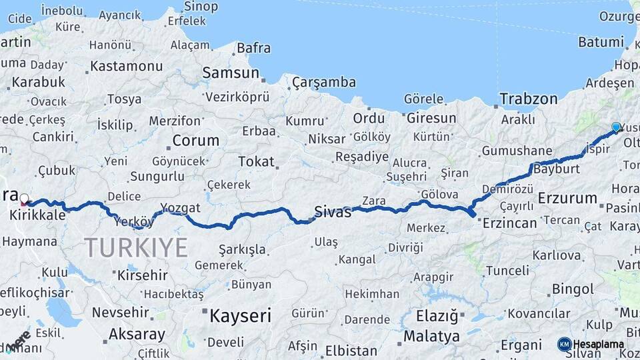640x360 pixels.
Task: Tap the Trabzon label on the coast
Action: pyautogui.click(x=529, y=99)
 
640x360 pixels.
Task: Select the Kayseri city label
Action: pyautogui.click(x=240, y=315)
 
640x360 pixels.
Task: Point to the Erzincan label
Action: pyautogui.click(x=509, y=223)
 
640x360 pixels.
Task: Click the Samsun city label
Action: pyautogui.click(x=231, y=72)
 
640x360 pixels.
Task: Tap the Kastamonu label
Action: pyautogui.click(x=126, y=66)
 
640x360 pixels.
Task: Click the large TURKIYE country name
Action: pyautogui.click(x=136, y=248)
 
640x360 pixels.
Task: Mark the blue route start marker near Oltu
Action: pyautogui.click(x=616, y=127)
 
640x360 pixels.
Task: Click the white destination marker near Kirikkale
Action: pyautogui.click(x=25, y=199)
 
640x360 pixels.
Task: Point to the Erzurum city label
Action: pyautogui.click(x=567, y=198)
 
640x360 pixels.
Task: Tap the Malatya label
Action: pyautogui.click(x=432, y=335)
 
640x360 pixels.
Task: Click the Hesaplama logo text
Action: pyautogui.click(x=599, y=344)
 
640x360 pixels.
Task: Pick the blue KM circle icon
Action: pyautogui.click(x=564, y=344)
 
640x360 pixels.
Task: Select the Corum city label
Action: pyautogui.click(x=195, y=141)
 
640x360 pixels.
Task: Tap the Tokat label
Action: pyautogui.click(x=256, y=161)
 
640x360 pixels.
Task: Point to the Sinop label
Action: pyautogui.click(x=200, y=7)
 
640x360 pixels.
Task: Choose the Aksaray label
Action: pyautogui.click(x=137, y=334)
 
